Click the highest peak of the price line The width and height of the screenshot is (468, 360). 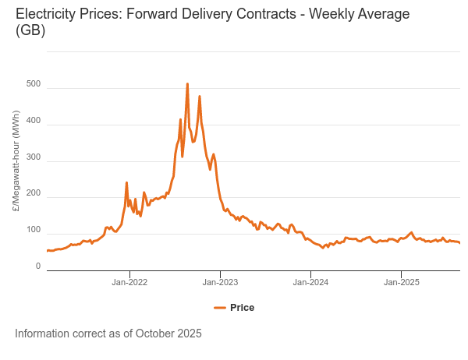pos(187,84)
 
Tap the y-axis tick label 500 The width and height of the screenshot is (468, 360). pos(33,83)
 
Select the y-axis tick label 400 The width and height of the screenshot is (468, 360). pos(33,120)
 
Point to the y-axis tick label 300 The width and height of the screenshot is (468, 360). pos(33,157)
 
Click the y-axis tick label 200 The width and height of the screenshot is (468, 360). pos(33,193)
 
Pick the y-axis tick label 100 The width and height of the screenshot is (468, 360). pos(33,230)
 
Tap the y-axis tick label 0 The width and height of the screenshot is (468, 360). pos(37,266)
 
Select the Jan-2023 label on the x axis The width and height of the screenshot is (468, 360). pos(220,281)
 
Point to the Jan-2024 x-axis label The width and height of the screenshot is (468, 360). pos(310,281)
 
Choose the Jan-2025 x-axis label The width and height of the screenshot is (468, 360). pos(401,281)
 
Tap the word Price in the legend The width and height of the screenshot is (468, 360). pos(242,308)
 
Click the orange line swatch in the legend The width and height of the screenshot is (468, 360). pos(219,308)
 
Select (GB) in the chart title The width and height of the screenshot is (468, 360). pos(30,31)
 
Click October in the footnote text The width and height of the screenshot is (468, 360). pos(156,334)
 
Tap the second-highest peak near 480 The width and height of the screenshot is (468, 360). pos(200,97)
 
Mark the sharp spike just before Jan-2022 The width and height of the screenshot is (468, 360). pos(126,183)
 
